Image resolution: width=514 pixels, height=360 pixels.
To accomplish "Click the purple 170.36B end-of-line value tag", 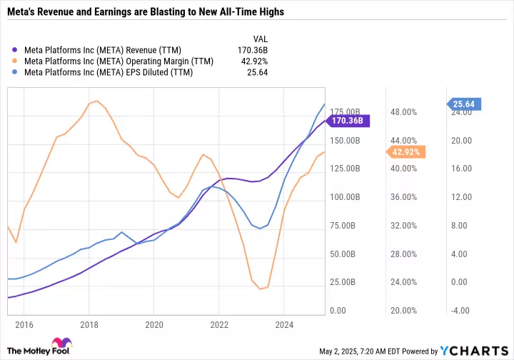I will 348,121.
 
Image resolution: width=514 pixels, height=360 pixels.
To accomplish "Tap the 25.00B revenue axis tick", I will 346,283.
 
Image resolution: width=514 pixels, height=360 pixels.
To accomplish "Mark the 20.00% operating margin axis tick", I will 403,311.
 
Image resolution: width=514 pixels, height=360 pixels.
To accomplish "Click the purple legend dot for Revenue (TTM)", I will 16,50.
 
